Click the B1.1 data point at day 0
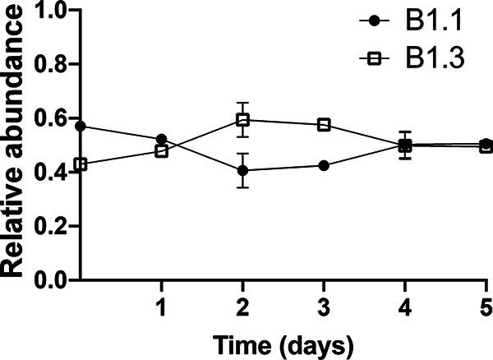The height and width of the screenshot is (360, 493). (x=81, y=127)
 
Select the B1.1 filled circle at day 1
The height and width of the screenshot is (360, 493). (x=161, y=140)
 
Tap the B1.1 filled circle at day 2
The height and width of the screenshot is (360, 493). (x=242, y=171)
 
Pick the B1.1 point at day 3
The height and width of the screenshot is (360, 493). (x=324, y=165)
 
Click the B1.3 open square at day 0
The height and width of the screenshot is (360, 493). (x=81, y=164)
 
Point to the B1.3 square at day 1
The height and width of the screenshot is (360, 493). (x=161, y=151)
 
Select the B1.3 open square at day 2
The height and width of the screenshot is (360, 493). (x=242, y=120)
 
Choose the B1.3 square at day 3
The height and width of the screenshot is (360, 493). (x=324, y=125)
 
